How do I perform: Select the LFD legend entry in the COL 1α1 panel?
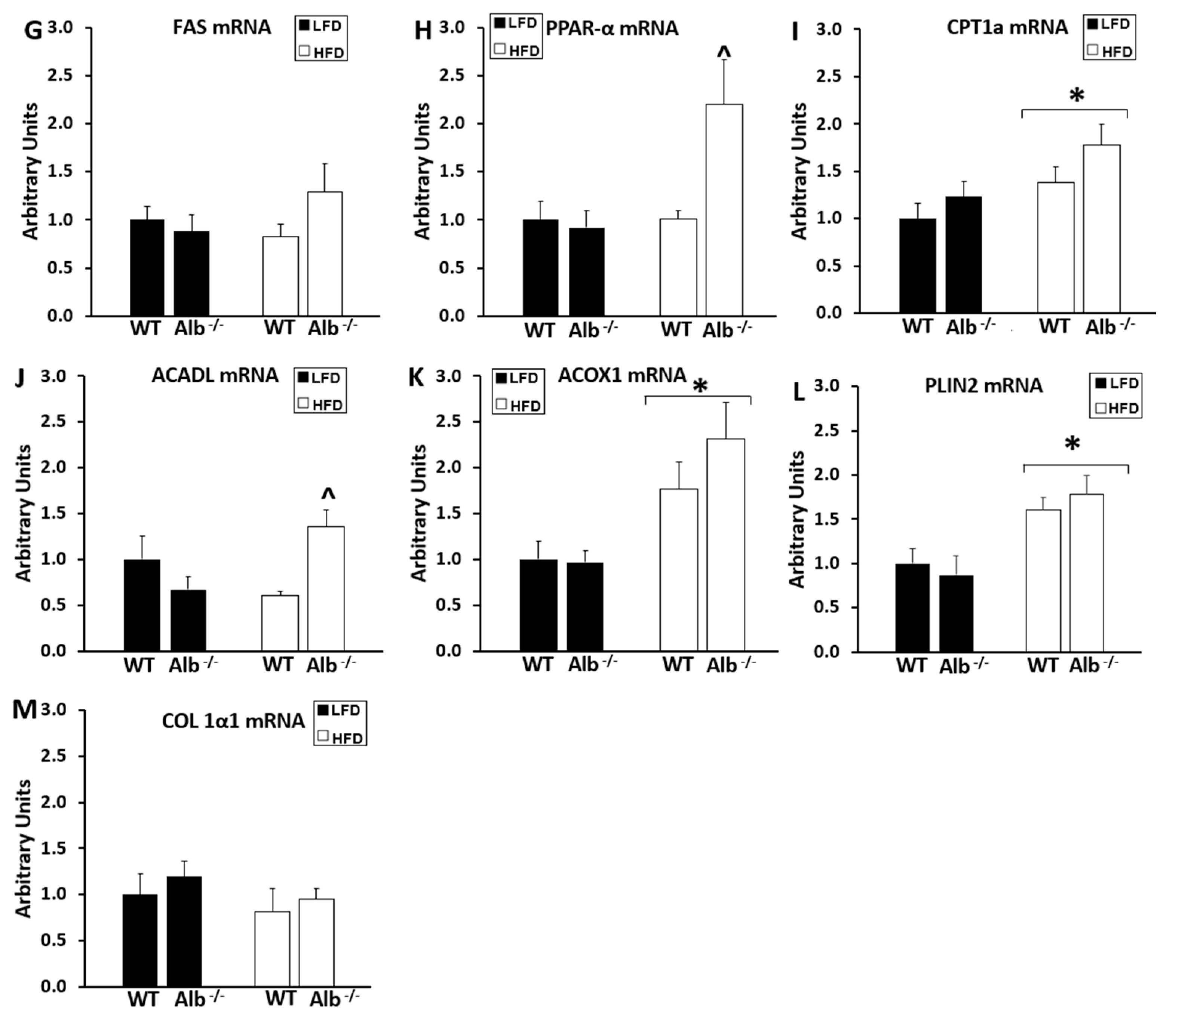[x=339, y=710]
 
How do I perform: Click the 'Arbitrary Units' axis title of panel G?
[x=30, y=171]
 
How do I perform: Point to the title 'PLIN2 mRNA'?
[x=983, y=385]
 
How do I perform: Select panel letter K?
[x=415, y=378]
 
